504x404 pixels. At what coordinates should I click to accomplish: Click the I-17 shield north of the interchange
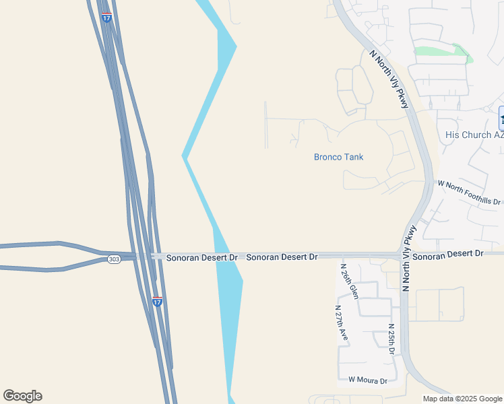click(106, 18)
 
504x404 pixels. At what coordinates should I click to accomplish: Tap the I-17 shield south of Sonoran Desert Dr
click(157, 302)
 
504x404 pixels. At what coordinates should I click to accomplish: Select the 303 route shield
click(114, 259)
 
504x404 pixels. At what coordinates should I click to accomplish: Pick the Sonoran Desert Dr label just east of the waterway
click(282, 257)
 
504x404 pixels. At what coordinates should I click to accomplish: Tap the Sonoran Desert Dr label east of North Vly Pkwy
click(448, 253)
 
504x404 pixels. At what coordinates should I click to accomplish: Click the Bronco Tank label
click(338, 157)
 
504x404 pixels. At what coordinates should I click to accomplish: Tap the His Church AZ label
click(474, 135)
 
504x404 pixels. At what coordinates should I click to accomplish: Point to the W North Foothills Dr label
click(470, 193)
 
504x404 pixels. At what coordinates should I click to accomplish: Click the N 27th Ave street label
click(341, 323)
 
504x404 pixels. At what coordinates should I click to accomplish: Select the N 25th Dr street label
click(391, 339)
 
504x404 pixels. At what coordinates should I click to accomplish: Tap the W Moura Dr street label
click(368, 380)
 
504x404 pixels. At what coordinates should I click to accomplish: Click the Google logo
click(22, 396)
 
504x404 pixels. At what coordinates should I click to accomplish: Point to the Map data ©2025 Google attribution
click(463, 399)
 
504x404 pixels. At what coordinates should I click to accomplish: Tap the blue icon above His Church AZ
click(501, 119)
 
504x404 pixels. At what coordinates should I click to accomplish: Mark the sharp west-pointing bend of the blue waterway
click(183, 157)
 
